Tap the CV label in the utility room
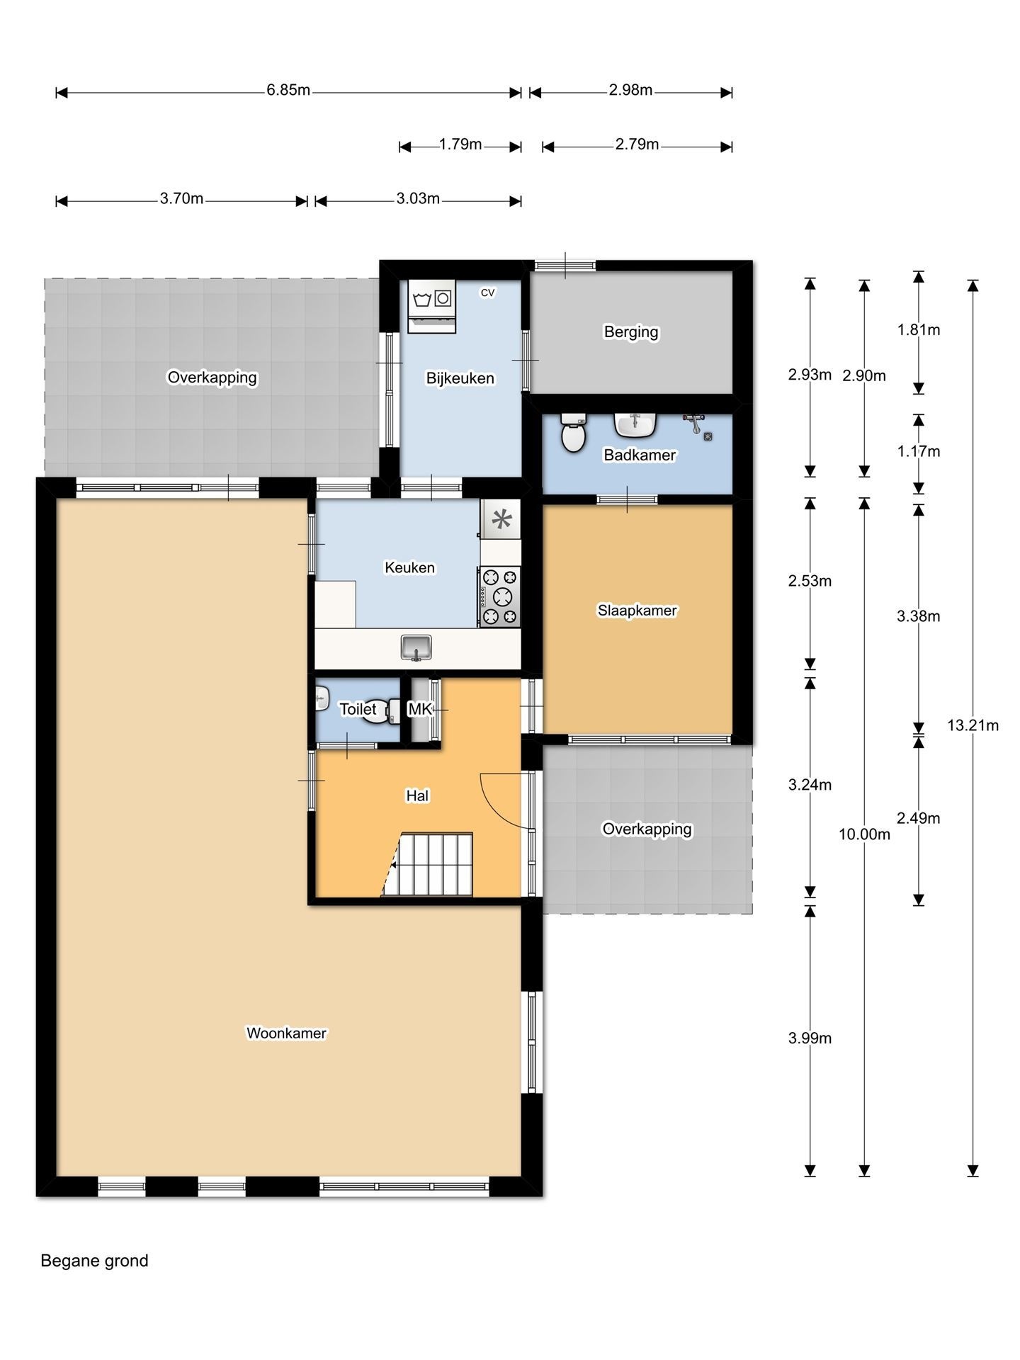[x=487, y=292]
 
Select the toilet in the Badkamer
[x=573, y=433]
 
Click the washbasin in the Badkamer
[x=635, y=425]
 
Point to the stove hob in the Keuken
[x=500, y=596]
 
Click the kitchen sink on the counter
[x=416, y=647]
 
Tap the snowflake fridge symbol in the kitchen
[x=501, y=520]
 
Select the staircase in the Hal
[x=428, y=864]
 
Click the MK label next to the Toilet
[x=419, y=708]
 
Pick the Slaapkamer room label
[x=637, y=610]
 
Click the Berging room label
[x=631, y=331]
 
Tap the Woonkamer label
[x=286, y=1033]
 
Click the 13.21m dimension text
[x=973, y=725]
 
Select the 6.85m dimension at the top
[x=288, y=90]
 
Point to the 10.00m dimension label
[x=864, y=834]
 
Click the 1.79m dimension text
[x=460, y=144]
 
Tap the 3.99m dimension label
[x=810, y=1038]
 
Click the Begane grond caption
[x=94, y=1261]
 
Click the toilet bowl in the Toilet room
[x=378, y=711]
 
